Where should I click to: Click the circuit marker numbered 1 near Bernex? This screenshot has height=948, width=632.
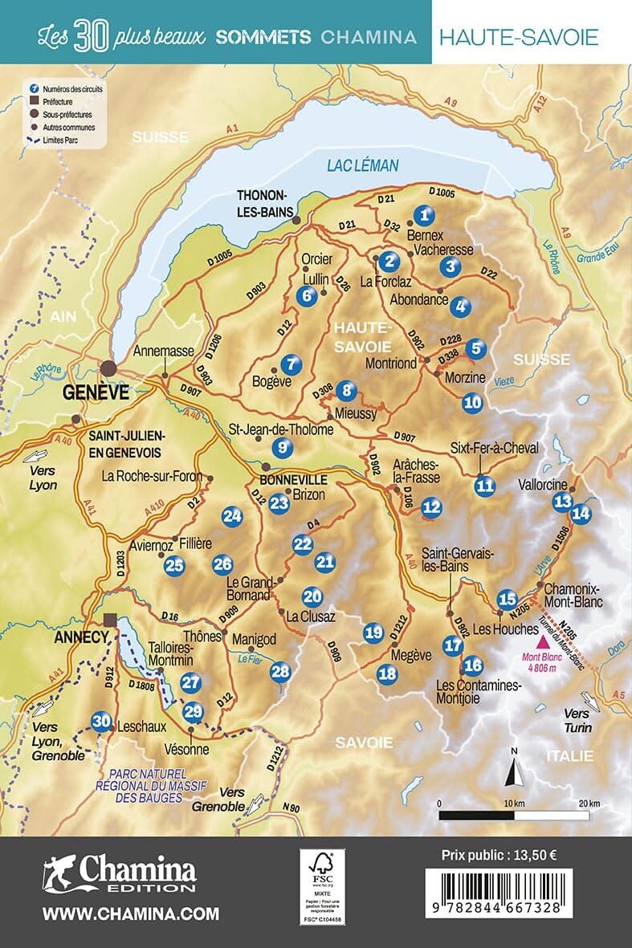(x=426, y=214)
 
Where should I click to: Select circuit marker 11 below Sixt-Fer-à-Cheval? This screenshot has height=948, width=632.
(x=483, y=484)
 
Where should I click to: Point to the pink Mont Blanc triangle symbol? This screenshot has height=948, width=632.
(x=543, y=642)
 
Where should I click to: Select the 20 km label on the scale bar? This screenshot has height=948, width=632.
(x=589, y=803)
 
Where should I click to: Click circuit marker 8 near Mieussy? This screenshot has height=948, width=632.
(x=346, y=391)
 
